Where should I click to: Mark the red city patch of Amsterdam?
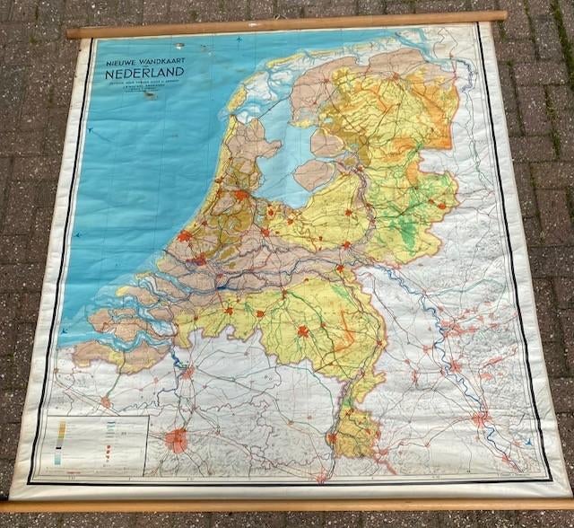[240, 194]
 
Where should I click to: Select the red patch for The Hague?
[185, 236]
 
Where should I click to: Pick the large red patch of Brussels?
[178, 440]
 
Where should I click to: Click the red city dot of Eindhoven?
[303, 331]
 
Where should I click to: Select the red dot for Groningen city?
[395, 76]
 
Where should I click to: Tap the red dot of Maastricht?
[333, 438]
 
